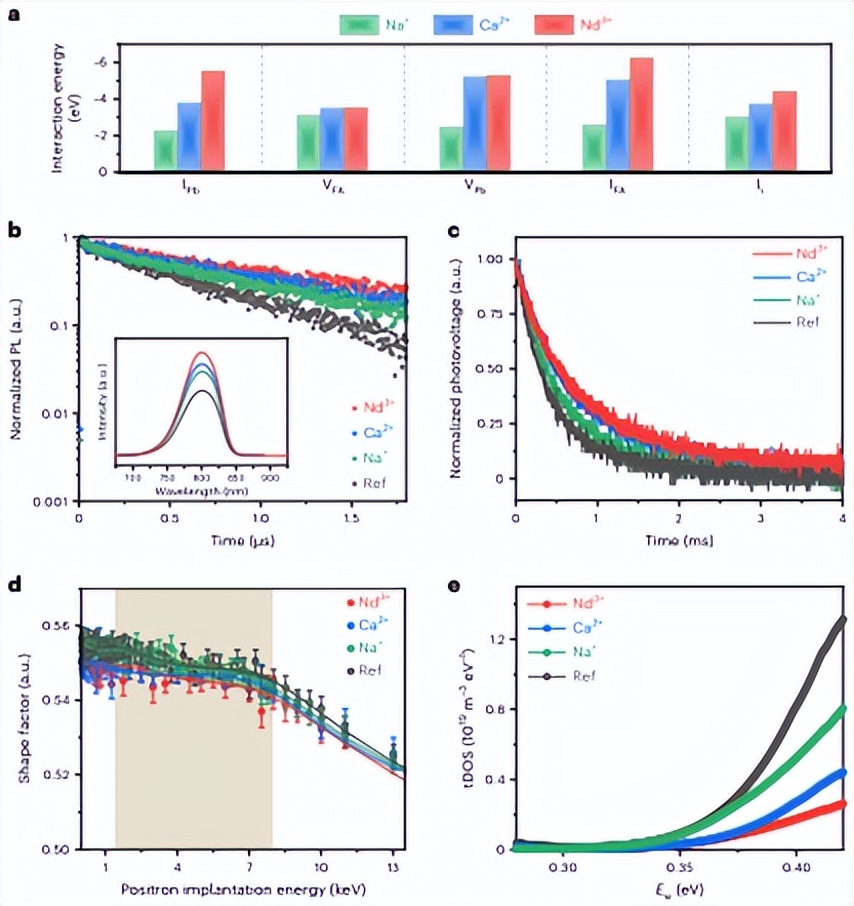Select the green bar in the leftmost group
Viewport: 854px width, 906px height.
point(165,150)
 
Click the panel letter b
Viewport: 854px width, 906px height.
point(15,230)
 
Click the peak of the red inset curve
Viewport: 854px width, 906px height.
point(202,353)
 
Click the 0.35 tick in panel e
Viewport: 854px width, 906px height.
point(680,865)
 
